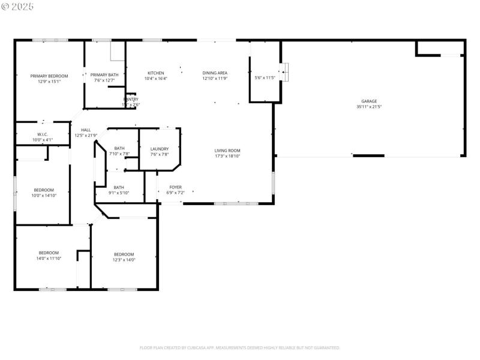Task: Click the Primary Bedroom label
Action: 49,76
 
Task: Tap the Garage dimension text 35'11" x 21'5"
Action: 369,107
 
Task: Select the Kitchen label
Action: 155,73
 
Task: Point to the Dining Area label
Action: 214,73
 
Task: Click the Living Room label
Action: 227,151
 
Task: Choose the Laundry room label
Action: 159,149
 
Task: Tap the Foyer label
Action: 175,187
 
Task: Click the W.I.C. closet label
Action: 42,134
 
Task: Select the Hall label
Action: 86,130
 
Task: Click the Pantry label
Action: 131,100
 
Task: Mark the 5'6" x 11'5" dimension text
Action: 265,77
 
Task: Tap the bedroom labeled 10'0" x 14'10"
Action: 43,195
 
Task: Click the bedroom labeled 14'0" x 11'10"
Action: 49,258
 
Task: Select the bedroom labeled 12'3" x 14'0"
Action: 124,260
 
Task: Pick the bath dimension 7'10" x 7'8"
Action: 119,154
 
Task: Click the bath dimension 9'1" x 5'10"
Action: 119,193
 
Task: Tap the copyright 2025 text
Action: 18,6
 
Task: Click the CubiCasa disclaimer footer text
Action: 240,347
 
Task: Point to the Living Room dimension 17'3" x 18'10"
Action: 227,156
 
